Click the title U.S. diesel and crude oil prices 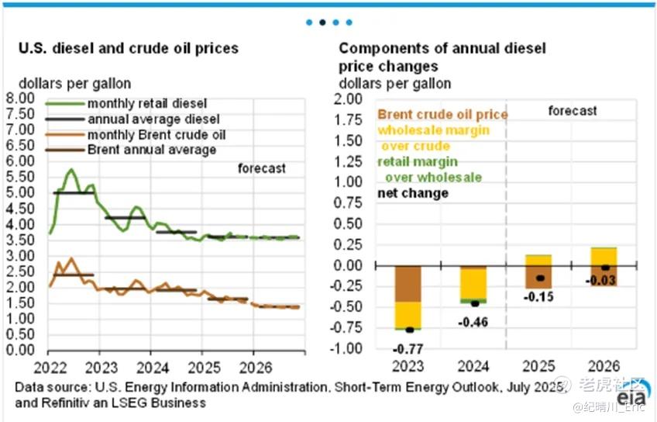coord(129,49)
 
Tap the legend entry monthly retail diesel coord(146,103)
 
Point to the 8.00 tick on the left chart coord(19,99)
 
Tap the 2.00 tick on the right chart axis coord(348,99)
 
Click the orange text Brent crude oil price coord(442,115)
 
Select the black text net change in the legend coord(413,192)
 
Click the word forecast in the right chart coord(573,111)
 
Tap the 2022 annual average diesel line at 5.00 coord(73,192)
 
